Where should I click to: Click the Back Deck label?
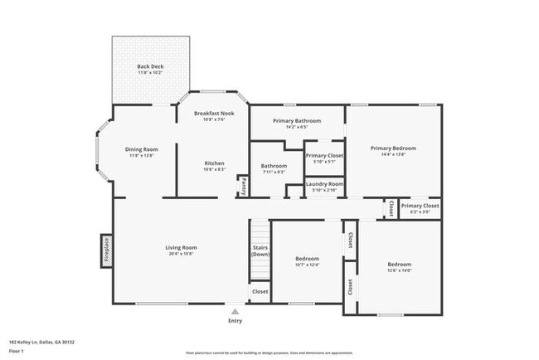coord(150,66)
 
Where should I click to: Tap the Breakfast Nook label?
coord(214,113)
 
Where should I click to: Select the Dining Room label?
coord(143,149)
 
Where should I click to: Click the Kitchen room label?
coord(214,163)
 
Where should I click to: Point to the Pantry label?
coord(243,187)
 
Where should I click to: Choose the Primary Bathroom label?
coord(296,121)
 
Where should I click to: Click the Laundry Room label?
coord(324,183)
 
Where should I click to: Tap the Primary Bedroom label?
coord(393,148)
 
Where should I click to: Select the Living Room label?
coord(180,247)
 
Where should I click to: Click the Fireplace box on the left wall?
coord(106,251)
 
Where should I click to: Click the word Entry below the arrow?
coord(236,320)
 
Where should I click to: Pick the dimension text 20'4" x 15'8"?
coord(180,254)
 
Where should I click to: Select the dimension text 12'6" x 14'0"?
coord(400,270)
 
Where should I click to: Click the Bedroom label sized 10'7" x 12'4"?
coord(307,259)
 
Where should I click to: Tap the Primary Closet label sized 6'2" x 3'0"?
coord(420,206)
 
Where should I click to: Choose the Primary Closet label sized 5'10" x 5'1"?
coord(324,155)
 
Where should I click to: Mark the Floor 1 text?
coord(17,349)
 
